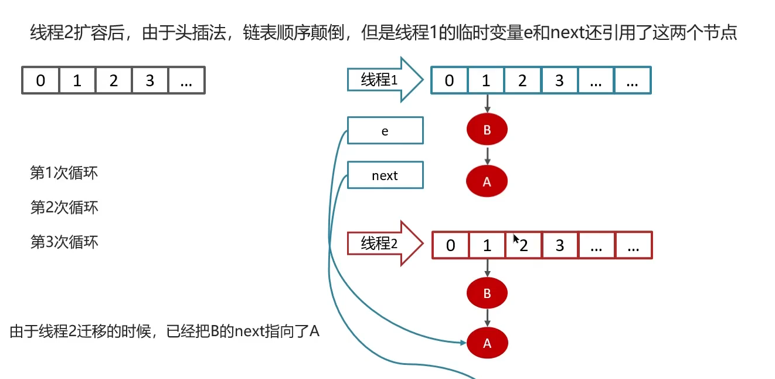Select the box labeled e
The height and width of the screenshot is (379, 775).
[385, 130]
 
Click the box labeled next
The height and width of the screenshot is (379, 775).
[385, 175]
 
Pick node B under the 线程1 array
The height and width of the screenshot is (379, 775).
[487, 130]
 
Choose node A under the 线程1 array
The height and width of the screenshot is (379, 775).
[487, 181]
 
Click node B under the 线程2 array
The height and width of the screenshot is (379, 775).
[487, 293]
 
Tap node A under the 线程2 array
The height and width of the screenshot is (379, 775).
[487, 344]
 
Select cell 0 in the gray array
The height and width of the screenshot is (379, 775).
[40, 80]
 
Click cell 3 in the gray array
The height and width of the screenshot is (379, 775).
[150, 80]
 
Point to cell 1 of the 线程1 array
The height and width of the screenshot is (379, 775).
[486, 80]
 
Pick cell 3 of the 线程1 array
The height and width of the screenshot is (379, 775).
[559, 80]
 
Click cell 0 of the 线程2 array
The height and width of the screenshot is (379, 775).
[450, 245]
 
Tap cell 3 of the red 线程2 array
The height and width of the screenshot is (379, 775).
[560, 245]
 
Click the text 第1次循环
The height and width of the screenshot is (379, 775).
[64, 173]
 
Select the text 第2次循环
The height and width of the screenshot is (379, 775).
[64, 207]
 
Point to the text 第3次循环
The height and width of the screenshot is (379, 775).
[64, 242]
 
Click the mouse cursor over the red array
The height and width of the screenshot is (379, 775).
[516, 238]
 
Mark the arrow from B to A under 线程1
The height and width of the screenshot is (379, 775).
[487, 155]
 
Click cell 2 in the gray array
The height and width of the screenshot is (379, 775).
[113, 80]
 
